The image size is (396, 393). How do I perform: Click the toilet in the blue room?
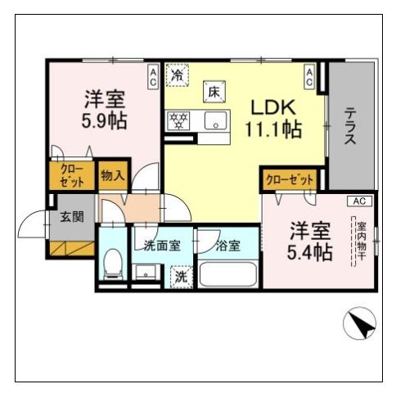(113, 264)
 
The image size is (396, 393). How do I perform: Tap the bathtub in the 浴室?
(228, 274)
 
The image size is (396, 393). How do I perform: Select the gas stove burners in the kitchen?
(179, 120)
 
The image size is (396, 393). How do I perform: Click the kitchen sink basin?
(216, 120)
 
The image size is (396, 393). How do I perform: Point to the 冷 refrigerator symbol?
(178, 75)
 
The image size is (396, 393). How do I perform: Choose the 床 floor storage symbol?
(214, 92)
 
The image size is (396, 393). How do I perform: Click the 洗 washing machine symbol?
(181, 277)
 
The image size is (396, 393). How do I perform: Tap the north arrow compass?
(359, 323)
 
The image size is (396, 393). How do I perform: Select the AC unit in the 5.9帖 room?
(153, 77)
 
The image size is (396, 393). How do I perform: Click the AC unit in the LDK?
(309, 77)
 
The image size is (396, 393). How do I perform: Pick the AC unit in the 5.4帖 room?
(359, 201)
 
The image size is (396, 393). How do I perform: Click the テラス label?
(349, 125)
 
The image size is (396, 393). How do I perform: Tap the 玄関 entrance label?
(72, 217)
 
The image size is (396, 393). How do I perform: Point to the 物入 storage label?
(113, 175)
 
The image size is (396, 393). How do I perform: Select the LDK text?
(273, 107)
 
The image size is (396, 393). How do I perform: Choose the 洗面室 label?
(162, 246)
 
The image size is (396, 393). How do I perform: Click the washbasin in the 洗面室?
(146, 272)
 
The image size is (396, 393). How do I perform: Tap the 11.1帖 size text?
(274, 129)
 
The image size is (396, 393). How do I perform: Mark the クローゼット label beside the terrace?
(290, 180)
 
